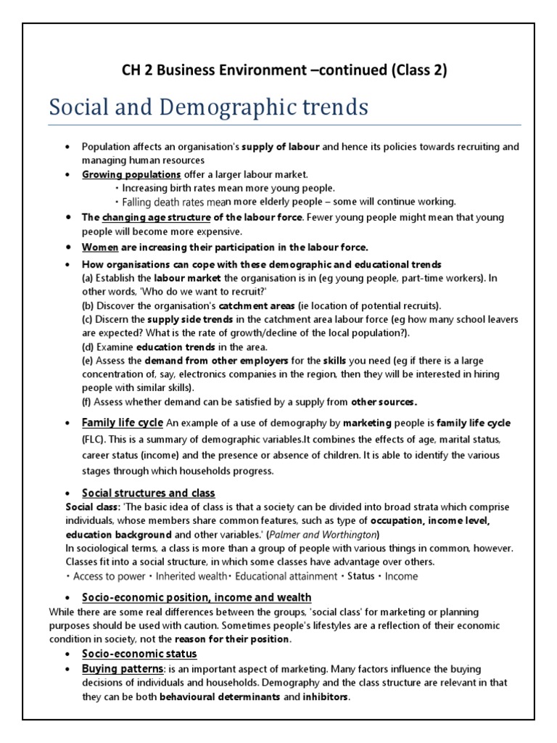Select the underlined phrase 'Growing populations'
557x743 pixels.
click(131, 174)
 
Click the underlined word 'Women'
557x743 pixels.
click(99, 247)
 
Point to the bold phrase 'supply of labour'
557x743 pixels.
click(281, 147)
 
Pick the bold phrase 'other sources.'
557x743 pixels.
click(384, 401)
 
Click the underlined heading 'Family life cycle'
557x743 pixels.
click(123, 423)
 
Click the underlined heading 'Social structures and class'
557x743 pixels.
click(148, 493)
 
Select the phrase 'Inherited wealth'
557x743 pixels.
click(191, 576)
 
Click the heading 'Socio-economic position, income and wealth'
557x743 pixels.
click(187, 597)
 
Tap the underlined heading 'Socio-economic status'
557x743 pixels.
click(139, 654)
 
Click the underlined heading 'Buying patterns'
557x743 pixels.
click(123, 668)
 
